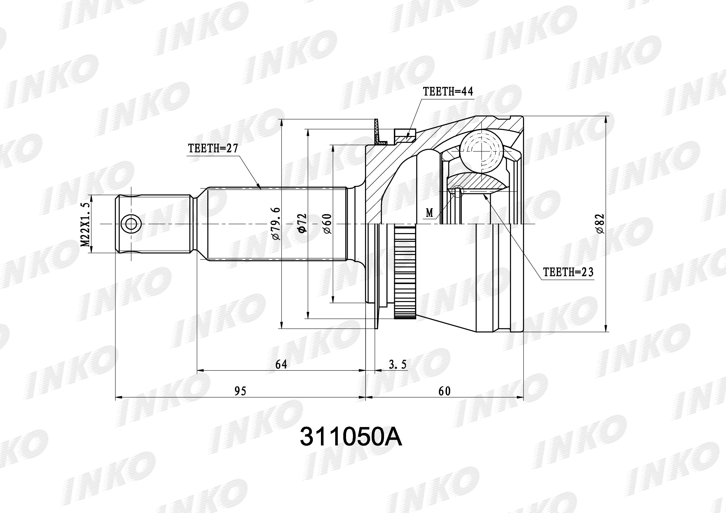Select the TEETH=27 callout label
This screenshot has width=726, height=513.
coord(213,149)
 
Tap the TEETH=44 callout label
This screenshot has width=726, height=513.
coord(448,92)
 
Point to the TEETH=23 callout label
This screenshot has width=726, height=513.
coord(568,272)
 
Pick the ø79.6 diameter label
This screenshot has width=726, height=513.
coord(276,223)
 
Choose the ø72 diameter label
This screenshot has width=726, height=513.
coord(302,223)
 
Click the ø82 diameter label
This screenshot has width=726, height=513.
coord(600,224)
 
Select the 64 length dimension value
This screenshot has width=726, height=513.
coord(281,364)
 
